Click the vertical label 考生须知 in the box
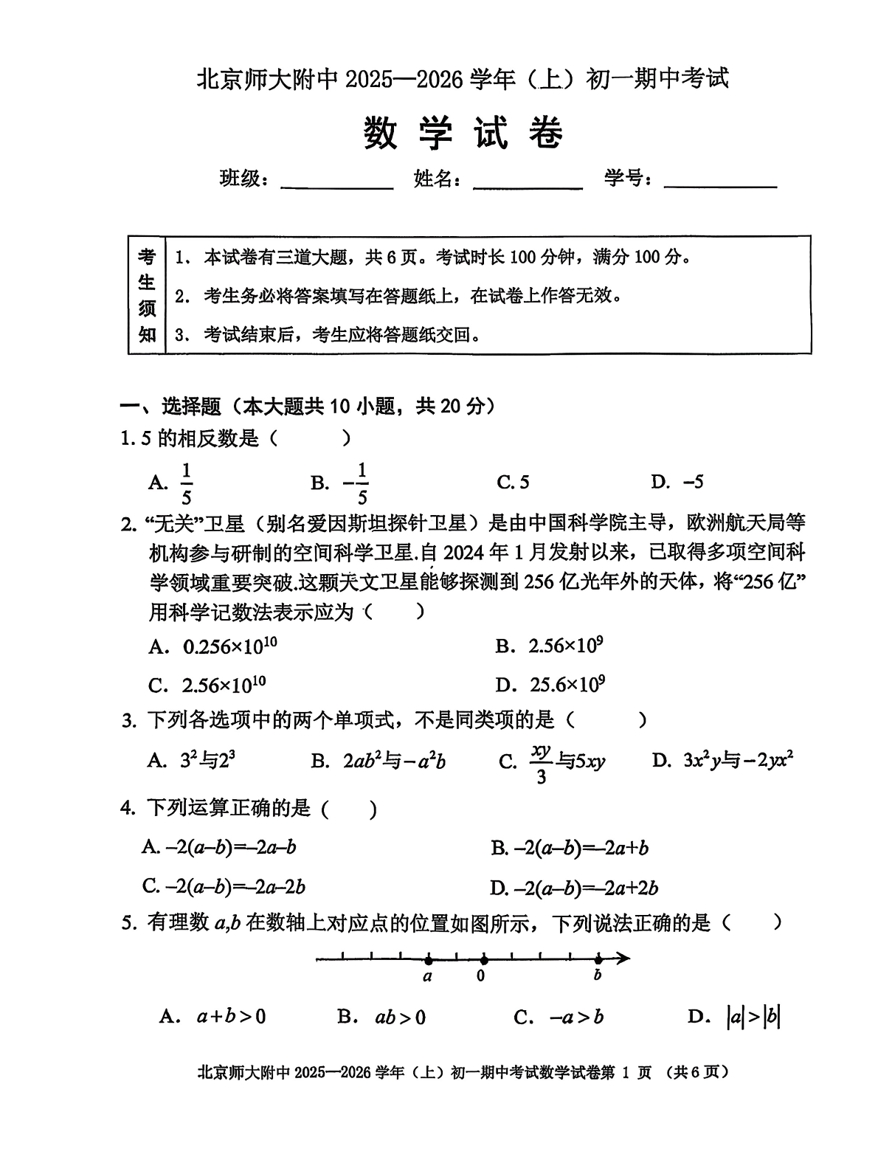pyautogui.click(x=147, y=295)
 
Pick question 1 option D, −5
pyautogui.click(x=677, y=483)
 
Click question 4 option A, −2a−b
pyautogui.click(x=219, y=848)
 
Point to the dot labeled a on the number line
pyautogui.click(x=428, y=960)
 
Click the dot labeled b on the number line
pyautogui.click(x=598, y=959)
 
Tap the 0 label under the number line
pyautogui.click(x=481, y=976)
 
